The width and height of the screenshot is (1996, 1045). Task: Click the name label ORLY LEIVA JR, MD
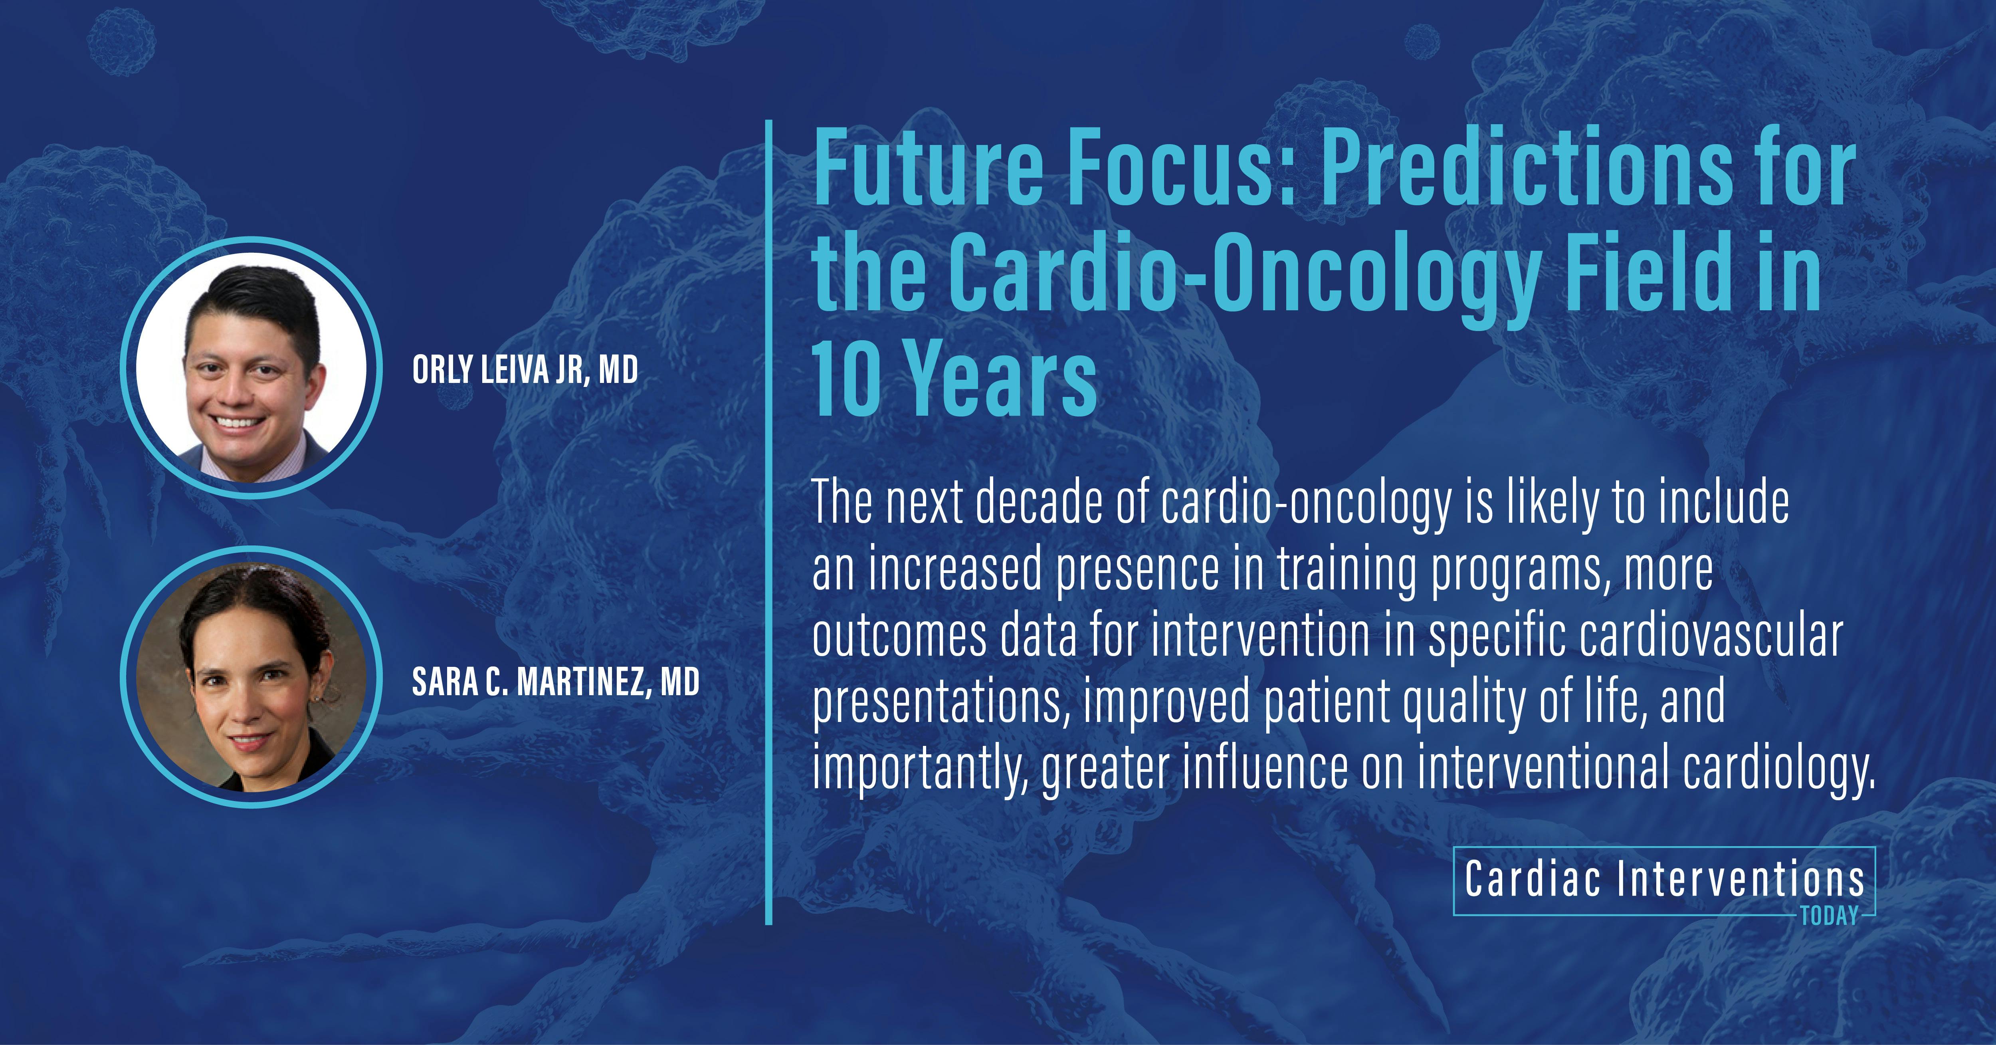pos(525,370)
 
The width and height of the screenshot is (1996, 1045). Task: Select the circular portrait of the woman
pos(251,677)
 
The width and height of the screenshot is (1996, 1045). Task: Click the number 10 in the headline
pos(846,380)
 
